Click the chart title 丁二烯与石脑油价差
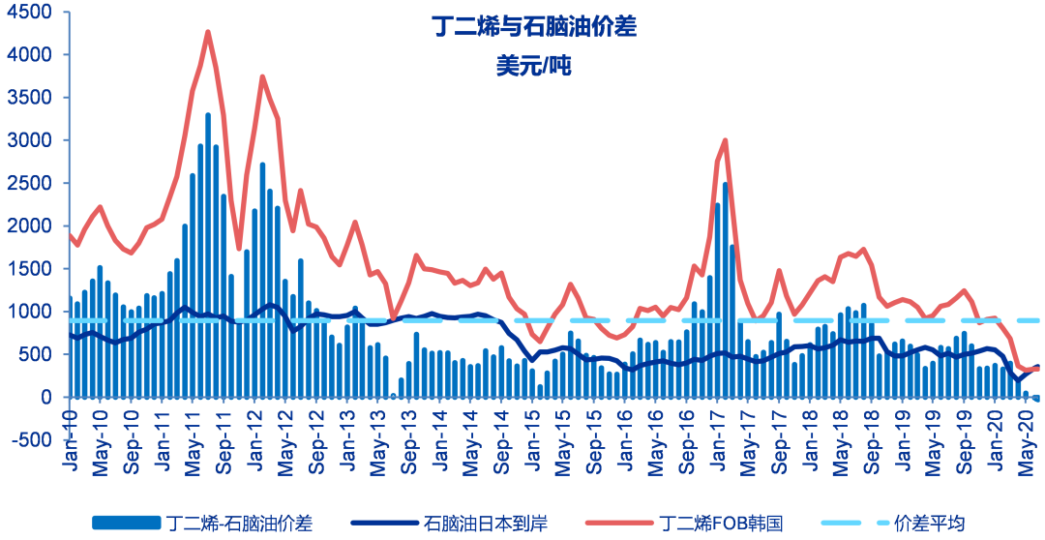click(534, 27)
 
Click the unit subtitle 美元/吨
click(534, 65)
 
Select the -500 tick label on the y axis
click(33, 439)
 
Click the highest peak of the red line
click(208, 32)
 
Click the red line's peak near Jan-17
click(725, 140)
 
